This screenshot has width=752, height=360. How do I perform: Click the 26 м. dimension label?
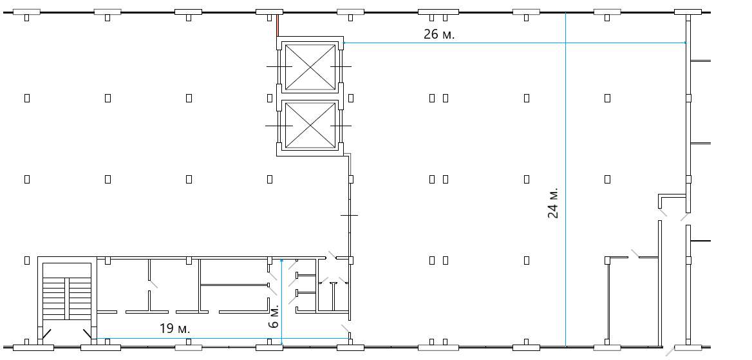click(439, 34)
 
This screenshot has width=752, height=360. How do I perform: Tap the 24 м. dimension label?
click(553, 203)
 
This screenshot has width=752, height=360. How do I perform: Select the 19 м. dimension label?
click(174, 329)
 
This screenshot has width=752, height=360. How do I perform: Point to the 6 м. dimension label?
click(274, 316)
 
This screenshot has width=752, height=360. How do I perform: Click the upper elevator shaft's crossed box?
click(310, 67)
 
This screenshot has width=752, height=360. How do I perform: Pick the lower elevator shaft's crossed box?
click(310, 126)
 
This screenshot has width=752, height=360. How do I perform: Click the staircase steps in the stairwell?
click(67, 299)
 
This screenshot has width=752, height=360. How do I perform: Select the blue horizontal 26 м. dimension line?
click(514, 43)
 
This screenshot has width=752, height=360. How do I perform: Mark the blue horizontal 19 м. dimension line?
click(223, 338)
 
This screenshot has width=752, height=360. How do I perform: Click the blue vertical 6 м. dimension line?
click(281, 302)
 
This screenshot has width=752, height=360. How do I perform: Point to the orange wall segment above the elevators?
click(277, 25)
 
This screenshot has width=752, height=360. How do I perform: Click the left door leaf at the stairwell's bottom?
click(46, 334)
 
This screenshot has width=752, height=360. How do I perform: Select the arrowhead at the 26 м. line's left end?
click(345, 43)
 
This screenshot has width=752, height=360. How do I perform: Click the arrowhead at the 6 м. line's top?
click(281, 261)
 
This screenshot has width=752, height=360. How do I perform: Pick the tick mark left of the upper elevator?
click(279, 67)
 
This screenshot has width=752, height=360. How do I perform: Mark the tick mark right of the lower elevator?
click(341, 126)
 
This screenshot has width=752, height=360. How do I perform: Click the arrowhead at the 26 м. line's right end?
click(684, 43)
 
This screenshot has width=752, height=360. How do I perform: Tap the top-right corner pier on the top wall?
click(688, 12)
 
